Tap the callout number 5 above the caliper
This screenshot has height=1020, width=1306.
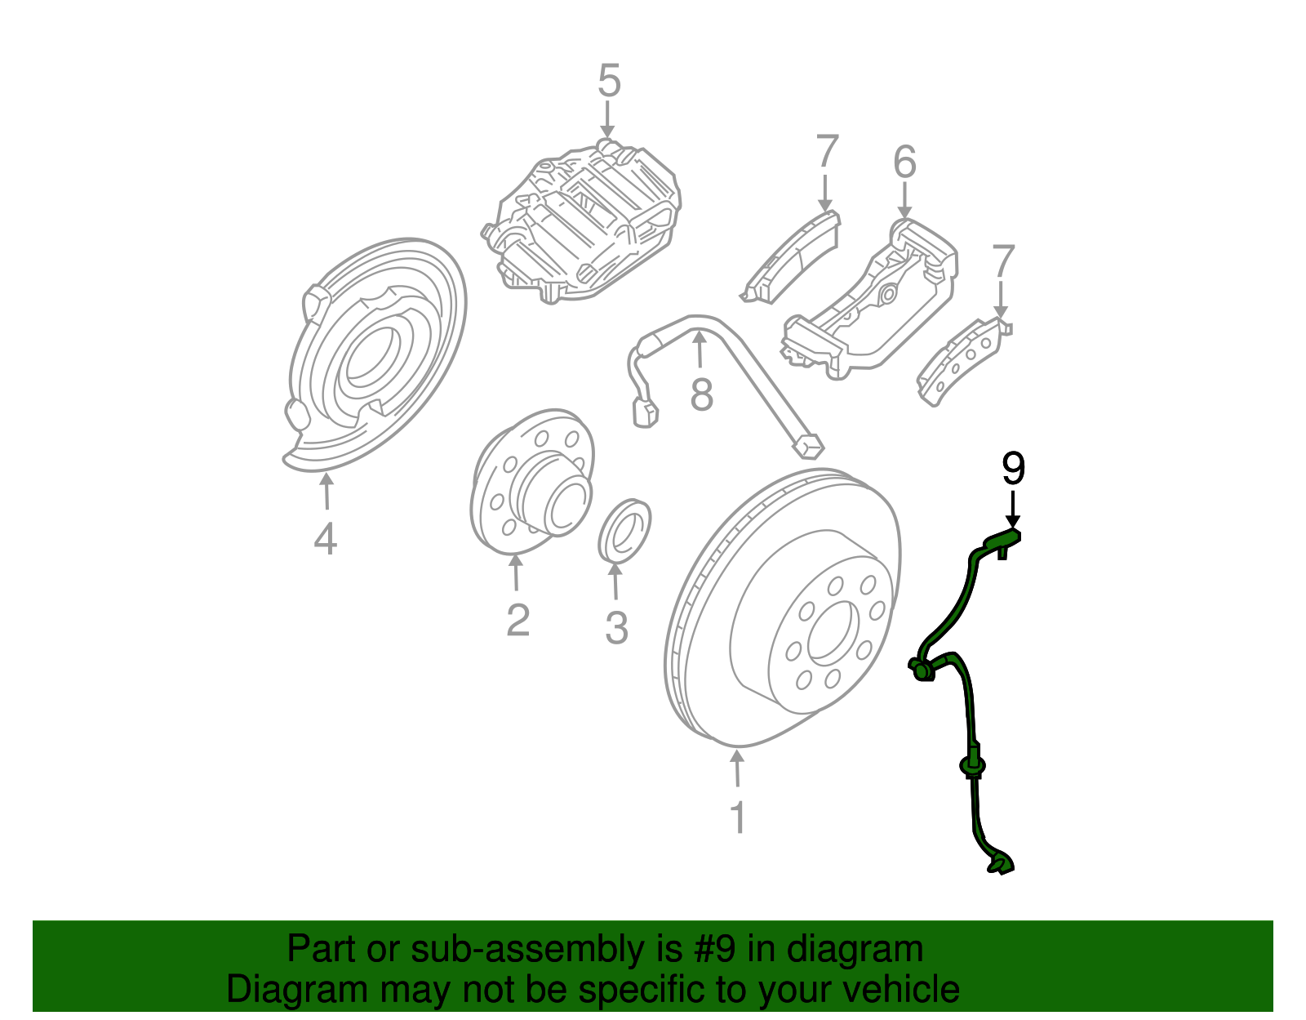pyautogui.click(x=609, y=82)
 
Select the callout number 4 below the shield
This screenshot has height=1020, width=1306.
pyautogui.click(x=325, y=539)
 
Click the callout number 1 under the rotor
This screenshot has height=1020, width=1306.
pyautogui.click(x=737, y=817)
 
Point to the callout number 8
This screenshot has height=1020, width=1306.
pyautogui.click(x=701, y=394)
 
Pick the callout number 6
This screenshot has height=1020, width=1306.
pyautogui.click(x=904, y=162)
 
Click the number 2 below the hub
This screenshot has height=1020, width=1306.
pyautogui.click(x=518, y=620)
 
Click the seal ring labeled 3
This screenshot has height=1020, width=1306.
pyautogui.click(x=625, y=532)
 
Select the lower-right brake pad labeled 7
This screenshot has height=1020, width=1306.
pyautogui.click(x=962, y=359)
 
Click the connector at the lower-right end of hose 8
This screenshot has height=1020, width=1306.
pyautogui.click(x=807, y=446)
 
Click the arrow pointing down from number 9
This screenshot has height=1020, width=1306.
pyautogui.click(x=1012, y=510)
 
